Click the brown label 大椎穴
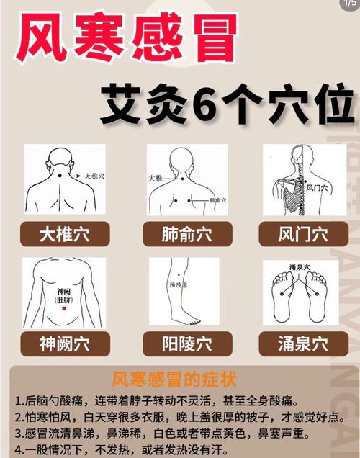(x=65, y=234)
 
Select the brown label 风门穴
(x=302, y=234)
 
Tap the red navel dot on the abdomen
(x=64, y=308)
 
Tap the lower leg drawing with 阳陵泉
(x=183, y=292)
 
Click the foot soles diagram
(x=301, y=295)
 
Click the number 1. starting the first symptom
(x=18, y=401)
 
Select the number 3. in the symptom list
(x=18, y=434)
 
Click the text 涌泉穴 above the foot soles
(x=301, y=267)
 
